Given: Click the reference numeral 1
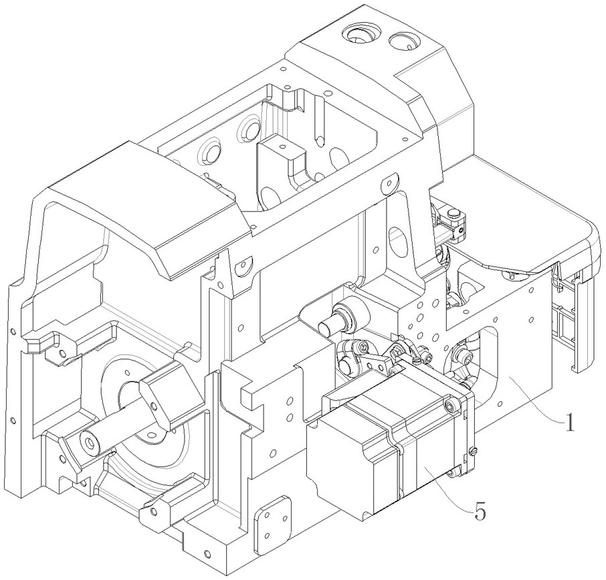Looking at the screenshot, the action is click(x=569, y=423).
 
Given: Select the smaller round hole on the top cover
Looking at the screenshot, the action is click(x=404, y=41).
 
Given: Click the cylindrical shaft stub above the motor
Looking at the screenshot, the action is click(x=340, y=319).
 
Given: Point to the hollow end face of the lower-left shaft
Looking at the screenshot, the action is click(x=89, y=440).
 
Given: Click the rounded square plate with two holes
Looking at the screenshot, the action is click(x=272, y=519).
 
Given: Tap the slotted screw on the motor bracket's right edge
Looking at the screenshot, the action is click(x=474, y=450).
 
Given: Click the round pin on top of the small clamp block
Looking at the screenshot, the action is click(x=452, y=213).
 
